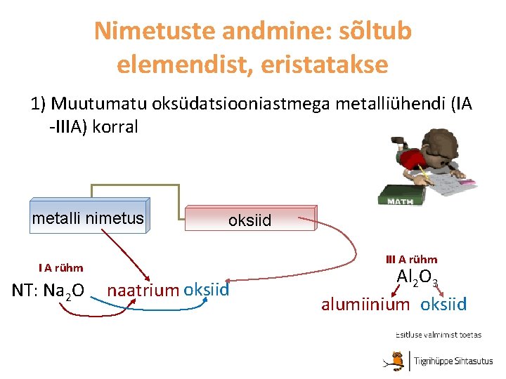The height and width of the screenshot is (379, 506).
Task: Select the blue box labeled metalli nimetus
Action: [x=89, y=219]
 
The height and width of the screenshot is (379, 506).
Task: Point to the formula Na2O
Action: [x=64, y=291]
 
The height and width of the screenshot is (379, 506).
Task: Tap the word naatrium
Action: [x=143, y=291]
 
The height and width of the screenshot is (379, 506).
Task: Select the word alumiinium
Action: [x=365, y=305]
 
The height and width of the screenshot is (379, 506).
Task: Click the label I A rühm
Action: [x=61, y=267]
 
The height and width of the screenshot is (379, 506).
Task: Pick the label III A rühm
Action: [x=411, y=259]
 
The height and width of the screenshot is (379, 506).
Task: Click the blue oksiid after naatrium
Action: [x=206, y=290]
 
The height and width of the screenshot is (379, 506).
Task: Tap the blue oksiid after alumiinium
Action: [x=443, y=305]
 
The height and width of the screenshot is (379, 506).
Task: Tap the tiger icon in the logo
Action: [x=398, y=359]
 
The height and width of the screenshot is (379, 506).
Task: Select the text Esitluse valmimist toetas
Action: [x=438, y=335]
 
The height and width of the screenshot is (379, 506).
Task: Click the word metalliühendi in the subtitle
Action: [x=386, y=105]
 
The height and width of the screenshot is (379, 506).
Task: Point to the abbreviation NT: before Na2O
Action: [x=27, y=291]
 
